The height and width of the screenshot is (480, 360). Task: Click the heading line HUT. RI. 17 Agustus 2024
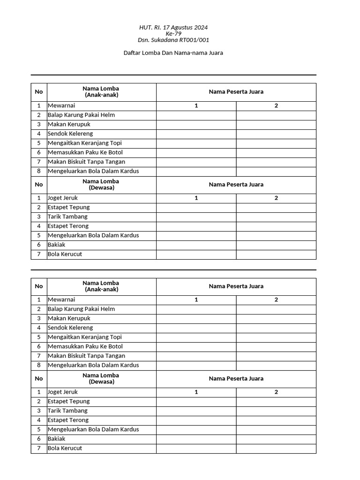173,27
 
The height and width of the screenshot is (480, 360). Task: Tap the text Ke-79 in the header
173,33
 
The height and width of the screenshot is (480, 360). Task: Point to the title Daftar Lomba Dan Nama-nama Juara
173,53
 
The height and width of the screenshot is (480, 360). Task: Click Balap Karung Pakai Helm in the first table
81,115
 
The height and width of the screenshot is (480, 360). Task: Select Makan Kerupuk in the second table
69,318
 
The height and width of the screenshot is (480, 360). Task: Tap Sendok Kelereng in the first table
70,134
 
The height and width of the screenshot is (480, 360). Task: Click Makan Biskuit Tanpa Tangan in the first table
86,162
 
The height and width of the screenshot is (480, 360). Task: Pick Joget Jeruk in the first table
63,198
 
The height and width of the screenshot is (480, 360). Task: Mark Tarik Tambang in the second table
67,411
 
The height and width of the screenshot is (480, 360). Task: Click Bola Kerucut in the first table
65,254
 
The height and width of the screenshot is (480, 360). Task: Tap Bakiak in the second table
57,439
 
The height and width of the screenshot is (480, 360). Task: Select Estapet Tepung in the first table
68,207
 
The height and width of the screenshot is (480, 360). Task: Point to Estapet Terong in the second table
68,420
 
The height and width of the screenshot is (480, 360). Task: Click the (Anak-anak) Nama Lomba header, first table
101,91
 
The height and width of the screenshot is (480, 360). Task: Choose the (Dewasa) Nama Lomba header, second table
101,378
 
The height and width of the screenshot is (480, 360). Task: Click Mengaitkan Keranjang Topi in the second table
84,337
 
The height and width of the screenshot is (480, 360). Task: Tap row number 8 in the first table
39,171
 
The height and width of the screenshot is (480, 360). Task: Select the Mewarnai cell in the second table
61,300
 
